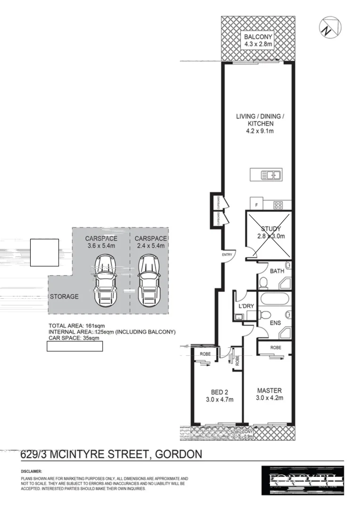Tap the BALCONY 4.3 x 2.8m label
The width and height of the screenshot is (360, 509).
coord(258,41)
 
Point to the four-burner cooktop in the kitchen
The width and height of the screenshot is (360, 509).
coord(278,205)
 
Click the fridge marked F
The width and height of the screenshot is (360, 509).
coord(256,205)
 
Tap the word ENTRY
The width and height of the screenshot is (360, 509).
coord(228,255)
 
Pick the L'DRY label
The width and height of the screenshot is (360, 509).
coord(246,306)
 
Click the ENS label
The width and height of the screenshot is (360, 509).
coord(275,323)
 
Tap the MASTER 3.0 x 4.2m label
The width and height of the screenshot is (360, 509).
coord(269,394)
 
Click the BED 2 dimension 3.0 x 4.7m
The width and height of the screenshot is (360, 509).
coord(220,400)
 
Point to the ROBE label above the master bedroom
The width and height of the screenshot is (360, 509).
coord(276,348)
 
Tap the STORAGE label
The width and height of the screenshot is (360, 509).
coord(64,297)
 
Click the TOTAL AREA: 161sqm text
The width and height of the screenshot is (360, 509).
coord(76,326)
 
